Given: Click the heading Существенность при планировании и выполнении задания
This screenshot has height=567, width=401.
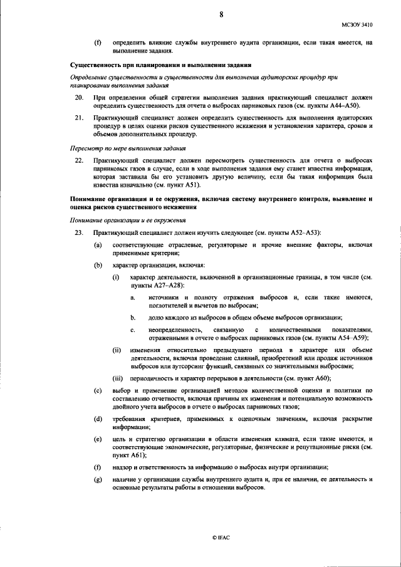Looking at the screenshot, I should pyautogui.click(x=160, y=65).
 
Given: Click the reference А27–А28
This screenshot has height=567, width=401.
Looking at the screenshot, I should pyautogui.click(x=151, y=285).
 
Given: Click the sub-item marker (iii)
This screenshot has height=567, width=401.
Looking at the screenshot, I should pyautogui.click(x=117, y=378).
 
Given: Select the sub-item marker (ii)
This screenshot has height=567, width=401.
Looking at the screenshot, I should pyautogui.click(x=117, y=348).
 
